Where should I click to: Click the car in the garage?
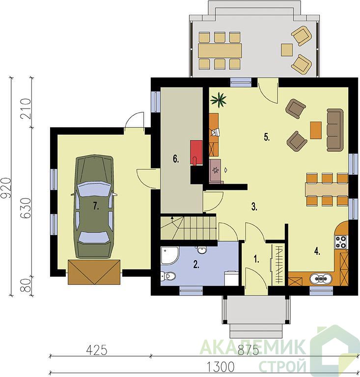point(94,206)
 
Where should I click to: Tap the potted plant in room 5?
point(219,100)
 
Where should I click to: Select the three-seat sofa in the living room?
point(335,130)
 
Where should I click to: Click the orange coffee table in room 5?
point(316,130)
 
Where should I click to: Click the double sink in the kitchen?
point(321,279)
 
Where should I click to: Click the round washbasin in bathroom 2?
point(201,250)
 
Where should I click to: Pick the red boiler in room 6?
point(196,153)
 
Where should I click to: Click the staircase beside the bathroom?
point(188,228)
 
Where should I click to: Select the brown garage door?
point(94,271)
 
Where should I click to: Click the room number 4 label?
point(317,251)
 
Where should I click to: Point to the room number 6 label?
point(176,159)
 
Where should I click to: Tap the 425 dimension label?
point(97,350)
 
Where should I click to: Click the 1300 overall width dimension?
point(221,367)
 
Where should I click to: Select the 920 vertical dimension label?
point(6,188)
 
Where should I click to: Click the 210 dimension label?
point(26,109)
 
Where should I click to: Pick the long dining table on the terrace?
point(220,51)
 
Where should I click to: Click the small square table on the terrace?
point(287,50)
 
